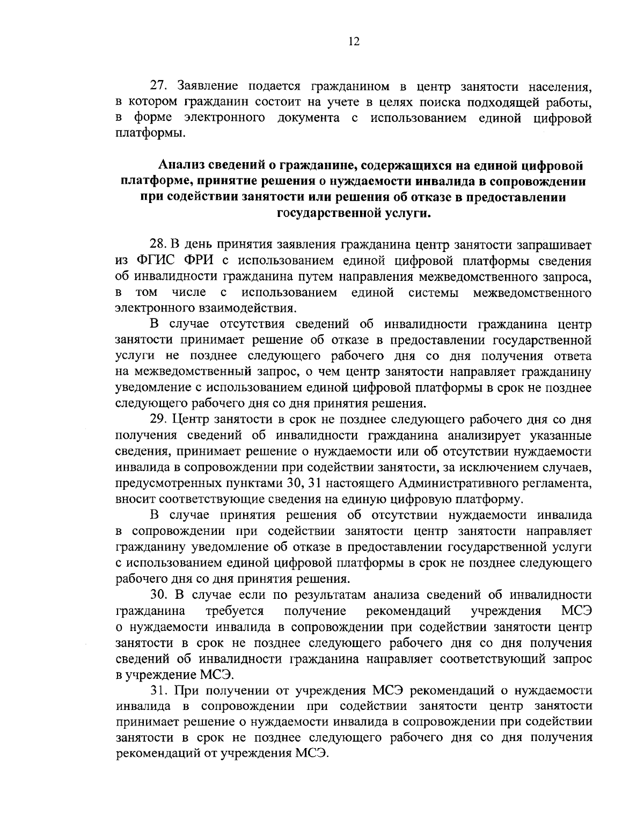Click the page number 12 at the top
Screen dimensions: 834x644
354,42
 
